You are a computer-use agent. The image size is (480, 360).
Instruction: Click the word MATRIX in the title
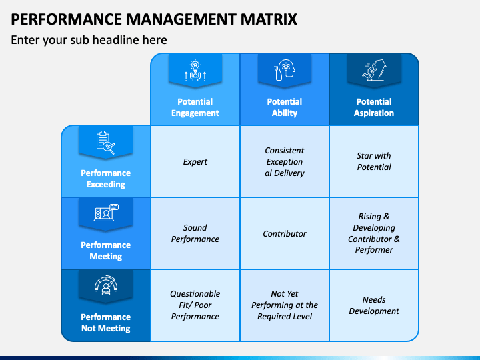point(269,19)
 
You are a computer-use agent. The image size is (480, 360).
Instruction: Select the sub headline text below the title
point(89,40)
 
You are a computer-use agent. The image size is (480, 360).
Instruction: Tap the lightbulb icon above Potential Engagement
point(195,70)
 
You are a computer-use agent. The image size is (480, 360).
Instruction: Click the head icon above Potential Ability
point(285,70)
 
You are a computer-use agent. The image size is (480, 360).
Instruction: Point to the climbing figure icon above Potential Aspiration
point(374,70)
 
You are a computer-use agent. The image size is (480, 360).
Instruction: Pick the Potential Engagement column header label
point(195,107)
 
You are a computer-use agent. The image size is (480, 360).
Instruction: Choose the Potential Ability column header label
point(285,107)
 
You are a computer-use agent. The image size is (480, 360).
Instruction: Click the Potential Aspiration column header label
point(374,107)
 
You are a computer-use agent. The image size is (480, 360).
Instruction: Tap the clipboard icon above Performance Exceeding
point(105,143)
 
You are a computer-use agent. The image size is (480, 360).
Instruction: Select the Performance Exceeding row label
point(105,179)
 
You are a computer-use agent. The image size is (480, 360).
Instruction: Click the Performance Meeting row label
point(105,251)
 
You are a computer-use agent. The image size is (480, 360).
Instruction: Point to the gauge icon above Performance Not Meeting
point(105,285)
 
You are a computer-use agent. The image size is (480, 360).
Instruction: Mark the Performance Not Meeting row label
point(105,323)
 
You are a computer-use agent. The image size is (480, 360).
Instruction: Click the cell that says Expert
point(195,161)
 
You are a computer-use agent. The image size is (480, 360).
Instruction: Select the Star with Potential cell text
point(374,161)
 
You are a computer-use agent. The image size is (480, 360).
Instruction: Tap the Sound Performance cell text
point(195,233)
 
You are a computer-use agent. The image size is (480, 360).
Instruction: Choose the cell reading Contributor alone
point(285,234)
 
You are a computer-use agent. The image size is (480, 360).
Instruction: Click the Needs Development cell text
point(374,305)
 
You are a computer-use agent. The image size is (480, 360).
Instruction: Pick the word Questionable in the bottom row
point(195,294)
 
